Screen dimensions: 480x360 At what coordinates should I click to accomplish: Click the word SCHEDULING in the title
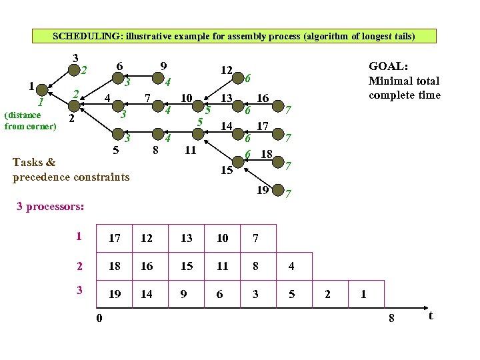tap(77, 37)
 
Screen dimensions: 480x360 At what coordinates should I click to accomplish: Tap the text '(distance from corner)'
tap(30, 120)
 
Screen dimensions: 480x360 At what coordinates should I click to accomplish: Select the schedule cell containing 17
tap(115, 238)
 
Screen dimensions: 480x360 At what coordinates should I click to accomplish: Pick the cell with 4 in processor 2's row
tap(291, 266)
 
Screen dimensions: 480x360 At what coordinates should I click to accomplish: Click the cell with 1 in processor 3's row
tap(362, 294)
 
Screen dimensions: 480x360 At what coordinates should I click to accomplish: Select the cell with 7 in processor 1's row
tap(255, 238)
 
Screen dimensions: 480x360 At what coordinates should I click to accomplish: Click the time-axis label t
tap(431, 315)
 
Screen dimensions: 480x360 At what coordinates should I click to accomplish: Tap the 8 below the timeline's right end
tap(391, 319)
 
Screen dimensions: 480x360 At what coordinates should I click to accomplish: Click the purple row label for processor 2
tap(79, 265)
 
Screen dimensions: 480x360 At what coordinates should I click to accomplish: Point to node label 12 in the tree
tap(226, 69)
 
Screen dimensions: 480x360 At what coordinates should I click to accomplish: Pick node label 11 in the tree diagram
tap(190, 150)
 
